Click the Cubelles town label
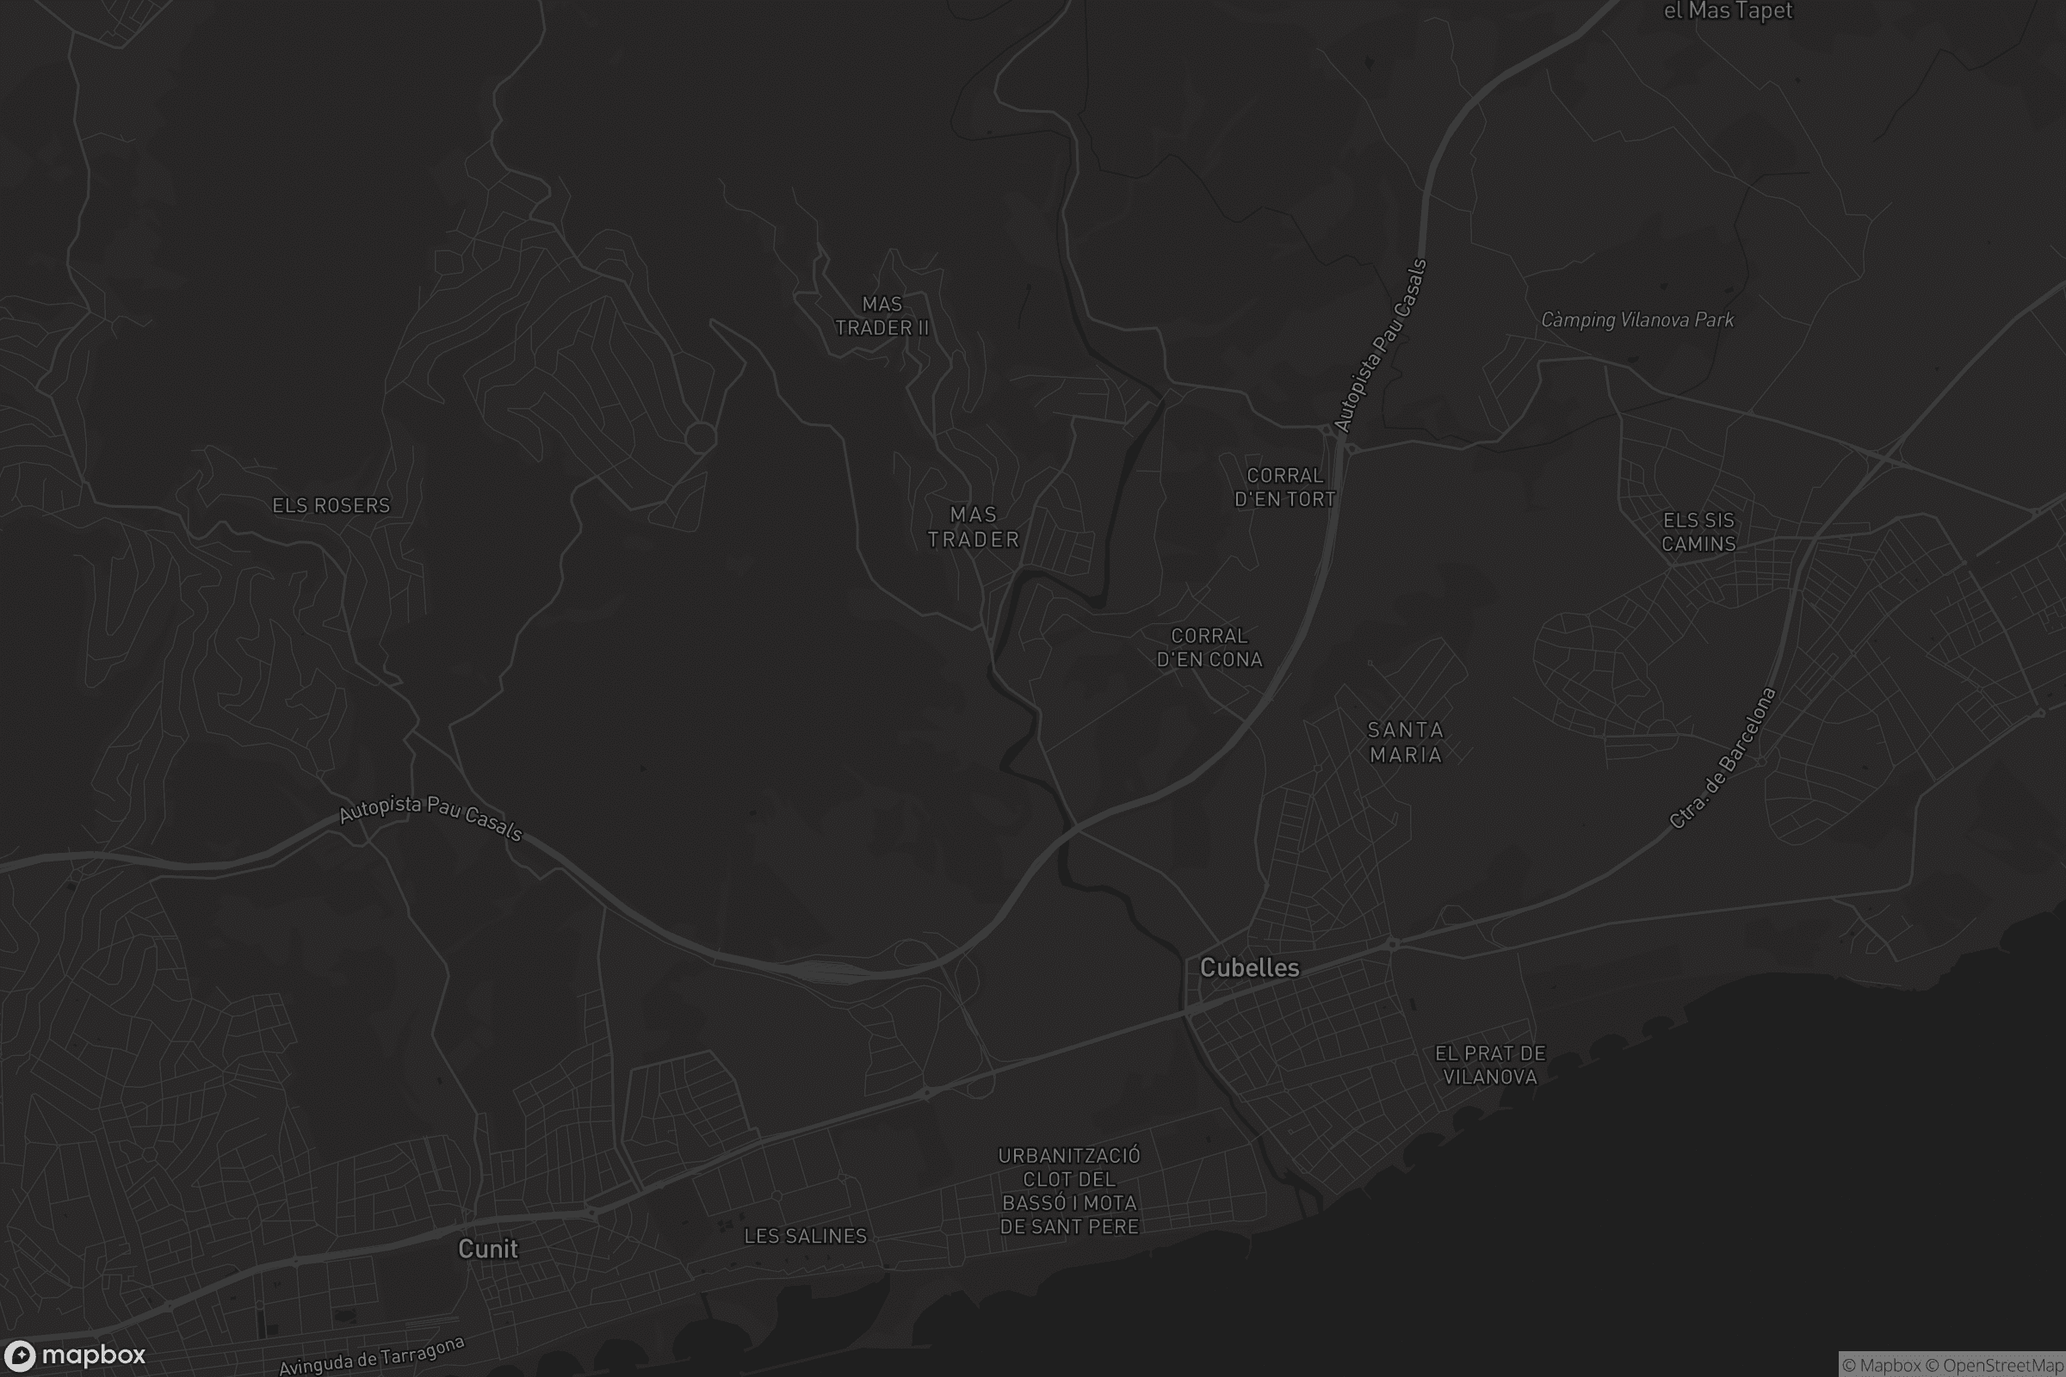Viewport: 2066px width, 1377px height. click(1249, 967)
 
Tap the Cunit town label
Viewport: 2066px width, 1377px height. click(487, 1249)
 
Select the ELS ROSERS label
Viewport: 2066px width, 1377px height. click(331, 505)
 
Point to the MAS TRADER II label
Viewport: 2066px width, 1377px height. click(881, 316)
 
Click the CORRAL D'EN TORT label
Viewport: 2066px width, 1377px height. click(1285, 487)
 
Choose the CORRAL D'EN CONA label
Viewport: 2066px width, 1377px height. click(1209, 647)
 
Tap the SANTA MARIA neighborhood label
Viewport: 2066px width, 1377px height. click(1406, 742)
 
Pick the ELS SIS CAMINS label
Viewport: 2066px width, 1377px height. click(1698, 532)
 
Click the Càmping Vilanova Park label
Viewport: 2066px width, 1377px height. click(1637, 320)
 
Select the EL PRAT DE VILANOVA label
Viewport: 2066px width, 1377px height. click(1491, 1065)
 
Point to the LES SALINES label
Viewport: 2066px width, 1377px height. click(806, 1237)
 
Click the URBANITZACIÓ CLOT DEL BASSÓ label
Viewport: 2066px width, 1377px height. click(1069, 1191)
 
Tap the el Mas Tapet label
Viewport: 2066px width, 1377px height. click(1728, 11)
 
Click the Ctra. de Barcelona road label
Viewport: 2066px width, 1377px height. click(1723, 758)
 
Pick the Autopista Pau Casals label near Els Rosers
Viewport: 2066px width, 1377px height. click(431, 818)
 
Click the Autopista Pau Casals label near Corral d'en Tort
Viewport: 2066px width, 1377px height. click(1380, 346)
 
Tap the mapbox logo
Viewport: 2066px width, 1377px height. click(75, 1355)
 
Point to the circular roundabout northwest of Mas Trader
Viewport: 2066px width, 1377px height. click(700, 436)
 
